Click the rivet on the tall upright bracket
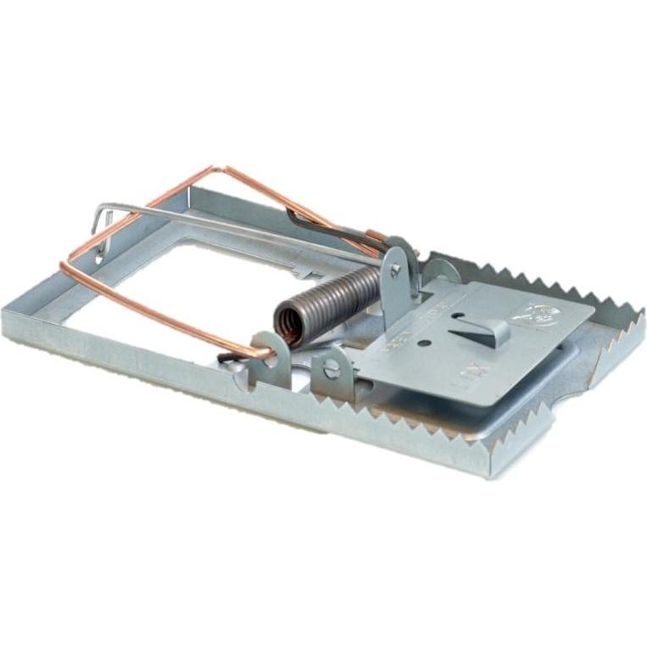395,271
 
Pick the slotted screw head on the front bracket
332,368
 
